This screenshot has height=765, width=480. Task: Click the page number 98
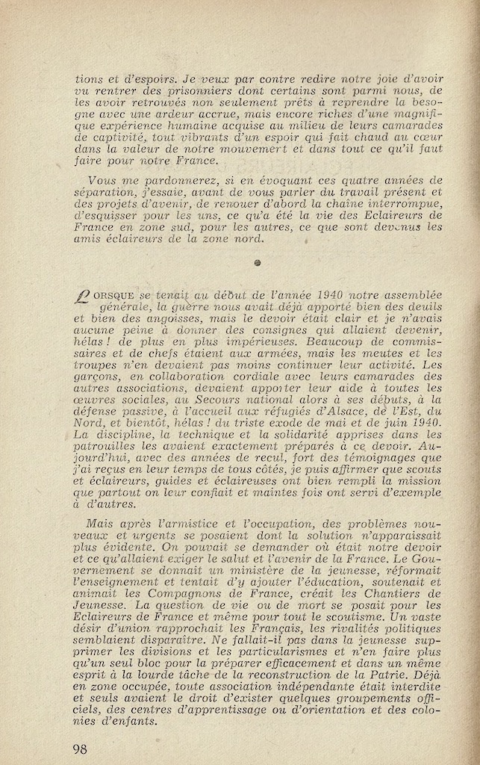click(81, 748)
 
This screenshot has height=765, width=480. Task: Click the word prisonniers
click(174, 90)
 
